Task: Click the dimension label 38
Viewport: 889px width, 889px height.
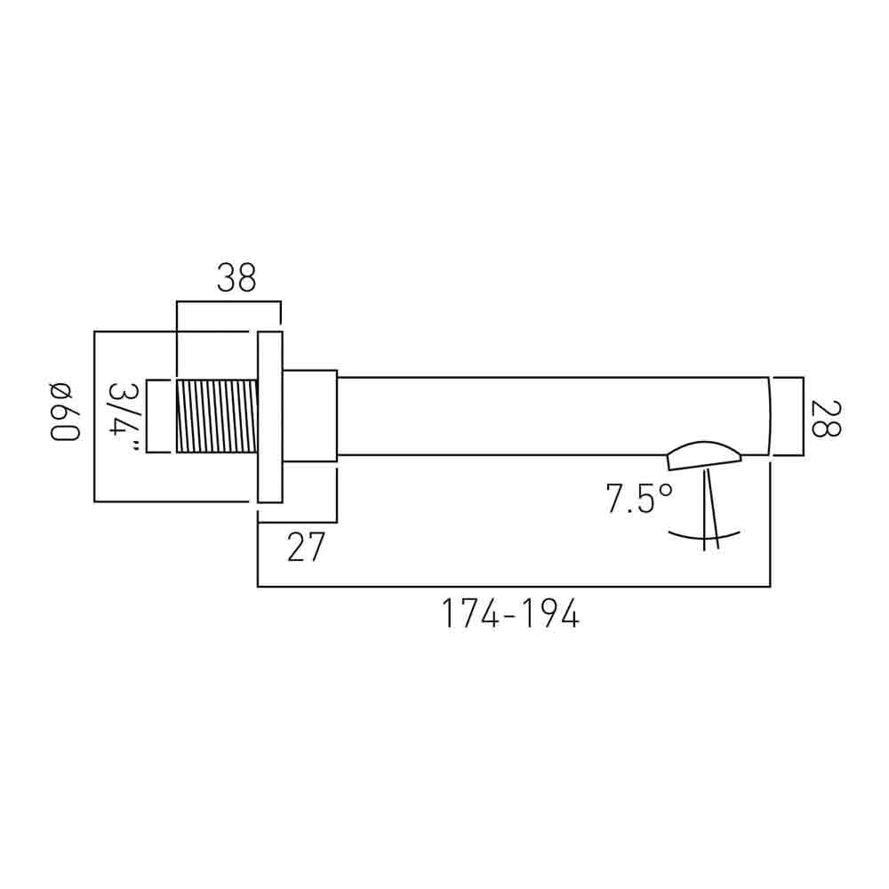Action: pyautogui.click(x=236, y=277)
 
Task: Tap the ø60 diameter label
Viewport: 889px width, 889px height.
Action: pyautogui.click(x=65, y=412)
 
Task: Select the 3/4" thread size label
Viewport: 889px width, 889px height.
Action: pyautogui.click(x=123, y=416)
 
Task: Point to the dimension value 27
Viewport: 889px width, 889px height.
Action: pyautogui.click(x=306, y=547)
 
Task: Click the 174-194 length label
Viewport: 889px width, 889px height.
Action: pyautogui.click(x=510, y=613)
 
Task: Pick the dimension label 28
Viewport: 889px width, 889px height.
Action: pyautogui.click(x=826, y=419)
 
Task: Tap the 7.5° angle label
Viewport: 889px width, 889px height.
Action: pyautogui.click(x=639, y=499)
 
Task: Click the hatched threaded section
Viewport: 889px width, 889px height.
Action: pyautogui.click(x=217, y=416)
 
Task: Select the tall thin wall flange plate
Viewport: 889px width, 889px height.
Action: pyautogui.click(x=270, y=417)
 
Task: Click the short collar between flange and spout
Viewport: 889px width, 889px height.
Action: pyautogui.click(x=309, y=416)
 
